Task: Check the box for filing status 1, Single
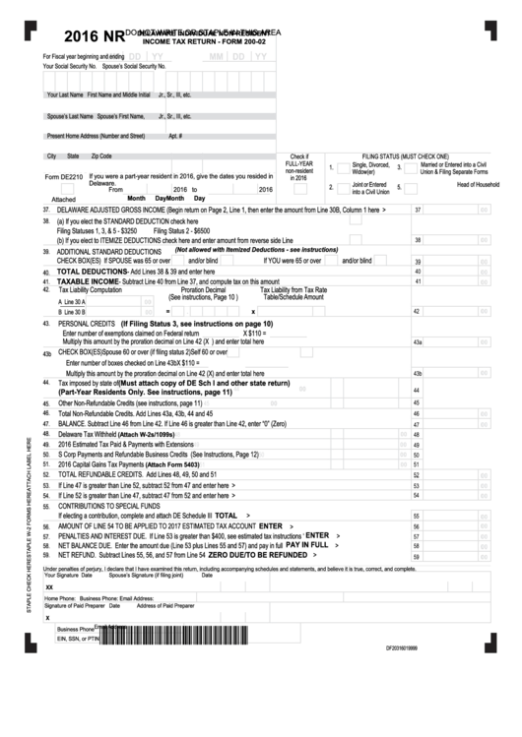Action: [x=333, y=167]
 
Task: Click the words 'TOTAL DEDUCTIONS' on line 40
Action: [x=94, y=271]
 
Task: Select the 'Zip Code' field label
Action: [x=101, y=156]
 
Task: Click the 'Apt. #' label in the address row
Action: [x=175, y=136]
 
